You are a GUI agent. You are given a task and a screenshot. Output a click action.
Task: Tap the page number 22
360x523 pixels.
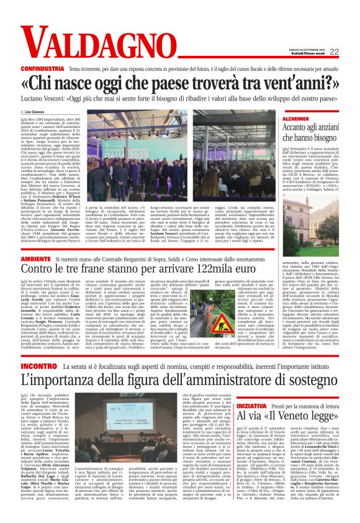point(333,52)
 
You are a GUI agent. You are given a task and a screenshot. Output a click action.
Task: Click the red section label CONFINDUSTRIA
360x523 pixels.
point(42,65)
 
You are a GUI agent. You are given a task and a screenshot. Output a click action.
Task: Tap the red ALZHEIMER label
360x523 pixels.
point(295,118)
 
